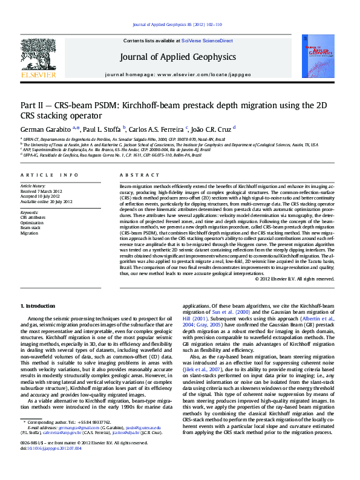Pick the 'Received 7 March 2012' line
click(46, 191)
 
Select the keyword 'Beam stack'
click(31, 227)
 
